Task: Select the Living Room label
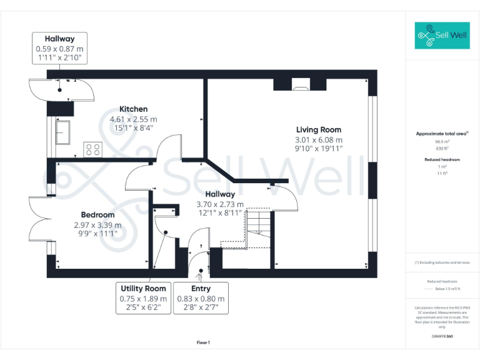pyautogui.click(x=319, y=130)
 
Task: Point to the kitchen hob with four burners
pyautogui.click(x=93, y=149)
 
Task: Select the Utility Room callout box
pyautogui.click(x=143, y=298)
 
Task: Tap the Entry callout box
pyautogui.click(x=201, y=298)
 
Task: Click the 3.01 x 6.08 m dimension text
pyautogui.click(x=319, y=140)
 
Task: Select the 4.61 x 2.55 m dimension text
pyautogui.click(x=133, y=119)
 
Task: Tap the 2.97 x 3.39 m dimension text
pyautogui.click(x=97, y=225)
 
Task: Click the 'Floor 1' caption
pyautogui.click(x=203, y=342)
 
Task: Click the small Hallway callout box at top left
pyautogui.click(x=59, y=48)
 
